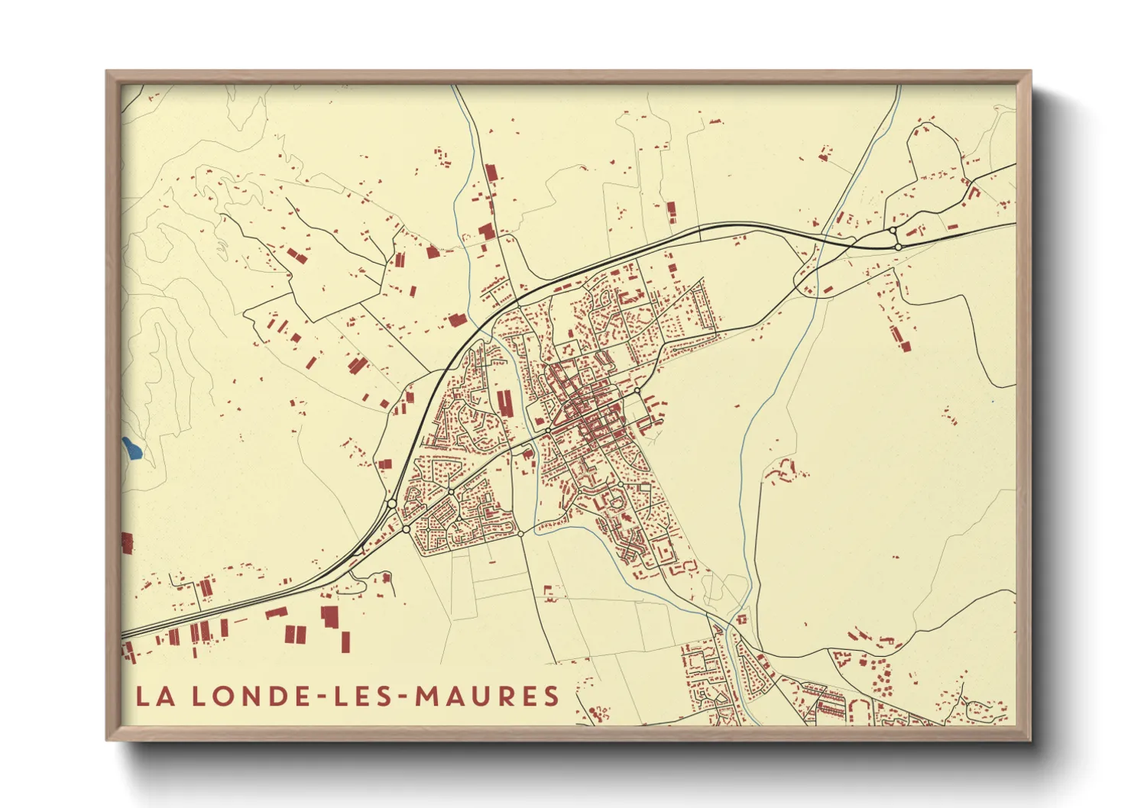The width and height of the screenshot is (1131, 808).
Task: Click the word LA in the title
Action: [x=154, y=696]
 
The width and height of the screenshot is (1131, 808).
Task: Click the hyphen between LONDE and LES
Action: [x=320, y=697]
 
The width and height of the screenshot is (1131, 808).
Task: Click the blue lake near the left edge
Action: [x=131, y=448]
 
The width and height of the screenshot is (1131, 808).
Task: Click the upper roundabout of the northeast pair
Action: [x=892, y=231]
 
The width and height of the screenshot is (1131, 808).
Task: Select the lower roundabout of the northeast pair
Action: [x=899, y=247]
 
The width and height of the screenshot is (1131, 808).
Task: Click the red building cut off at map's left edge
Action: [x=127, y=543]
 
